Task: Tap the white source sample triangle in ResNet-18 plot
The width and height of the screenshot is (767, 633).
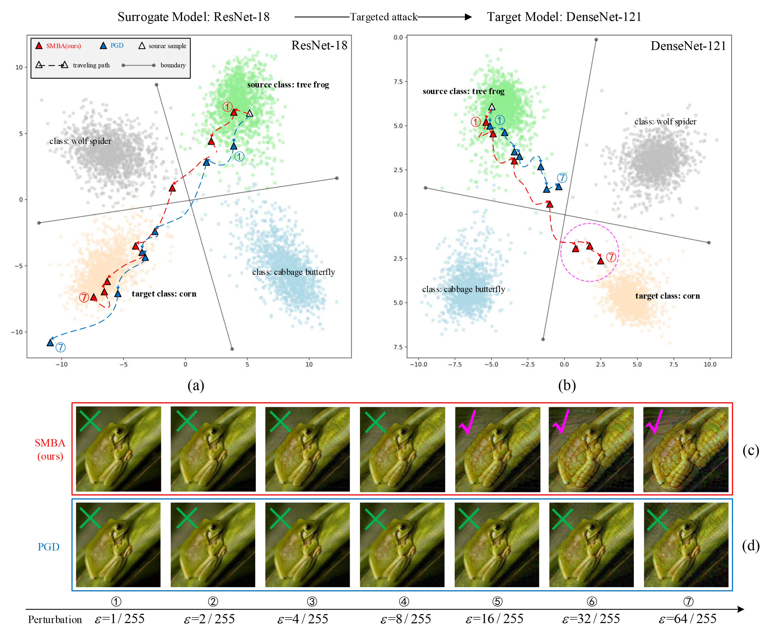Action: tap(250, 113)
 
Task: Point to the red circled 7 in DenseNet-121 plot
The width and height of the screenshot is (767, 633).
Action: tap(611, 257)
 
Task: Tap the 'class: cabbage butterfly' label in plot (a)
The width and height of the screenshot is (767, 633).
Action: tap(293, 272)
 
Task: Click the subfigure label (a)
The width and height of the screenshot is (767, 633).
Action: tap(196, 385)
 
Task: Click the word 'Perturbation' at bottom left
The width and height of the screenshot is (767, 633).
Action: tap(55, 620)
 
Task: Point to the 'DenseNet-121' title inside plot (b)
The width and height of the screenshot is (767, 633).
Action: tap(688, 46)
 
